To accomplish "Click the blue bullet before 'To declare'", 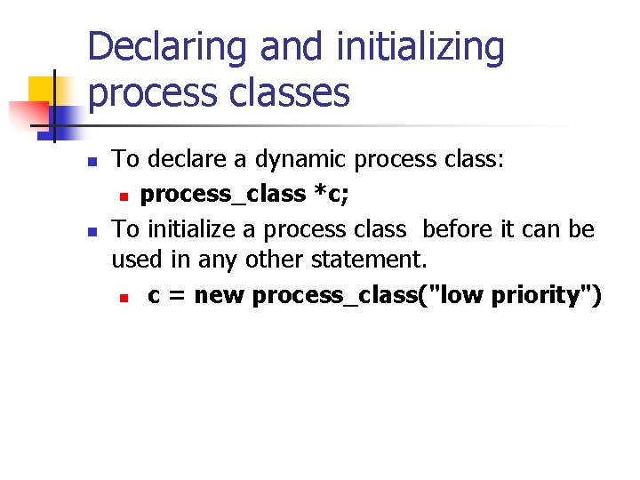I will tap(92, 162).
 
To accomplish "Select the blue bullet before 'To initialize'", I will tap(92, 231).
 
